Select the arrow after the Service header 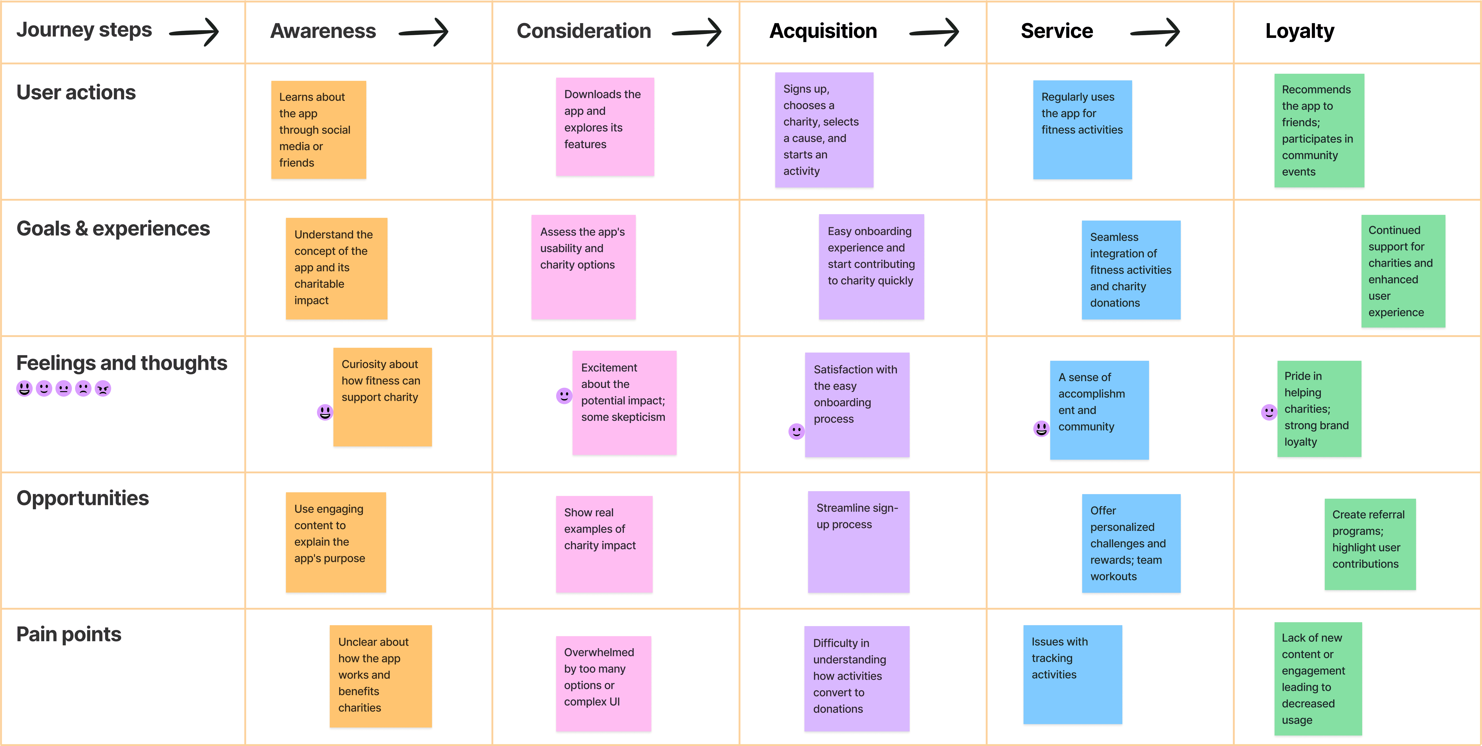pos(1155,32)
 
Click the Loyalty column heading pos(1300,31)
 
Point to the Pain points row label pos(69,634)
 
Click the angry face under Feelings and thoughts pos(103,389)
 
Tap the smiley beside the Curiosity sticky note pos(325,412)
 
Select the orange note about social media pos(319,129)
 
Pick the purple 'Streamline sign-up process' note pos(858,542)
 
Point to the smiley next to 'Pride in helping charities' pos(1269,412)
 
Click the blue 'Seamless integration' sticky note pos(1131,270)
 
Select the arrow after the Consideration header pos(697,32)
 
